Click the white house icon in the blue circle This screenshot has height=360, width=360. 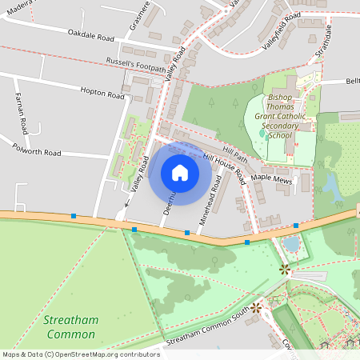tap(180, 172)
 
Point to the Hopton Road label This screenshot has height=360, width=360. tap(102, 94)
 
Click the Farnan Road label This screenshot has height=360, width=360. tap(22, 113)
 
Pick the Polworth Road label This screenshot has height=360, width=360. tap(37, 150)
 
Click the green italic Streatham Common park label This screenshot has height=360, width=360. tap(71, 326)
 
